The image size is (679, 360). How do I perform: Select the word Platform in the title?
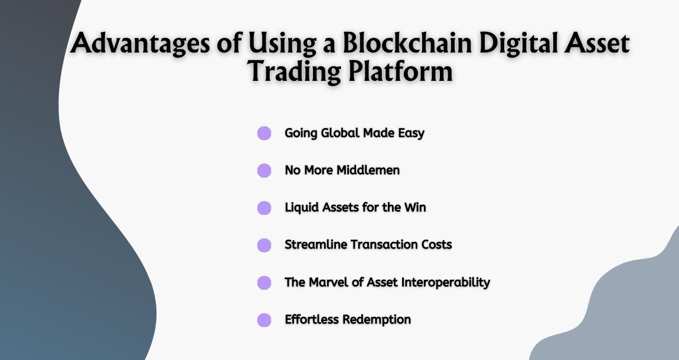point(399,72)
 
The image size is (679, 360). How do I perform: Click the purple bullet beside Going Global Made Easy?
point(264,133)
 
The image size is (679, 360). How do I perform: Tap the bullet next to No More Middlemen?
point(264,171)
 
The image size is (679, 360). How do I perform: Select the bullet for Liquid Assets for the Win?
point(264,208)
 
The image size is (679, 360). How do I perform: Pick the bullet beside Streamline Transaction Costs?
point(264,245)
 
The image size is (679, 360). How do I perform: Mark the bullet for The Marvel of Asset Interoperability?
point(264,283)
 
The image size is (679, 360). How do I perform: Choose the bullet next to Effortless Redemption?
point(264,320)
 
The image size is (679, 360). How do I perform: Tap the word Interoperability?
point(445,282)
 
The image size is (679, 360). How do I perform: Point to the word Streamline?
point(316,244)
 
